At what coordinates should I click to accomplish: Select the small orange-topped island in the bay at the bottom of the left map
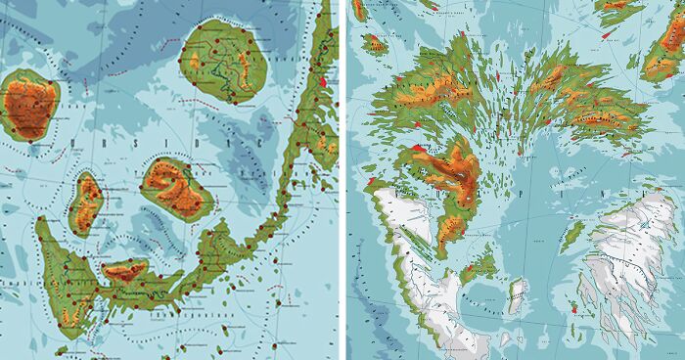[x=125, y=271]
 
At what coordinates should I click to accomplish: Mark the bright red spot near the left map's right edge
[x=322, y=82]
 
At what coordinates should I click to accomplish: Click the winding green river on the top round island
[x=231, y=83]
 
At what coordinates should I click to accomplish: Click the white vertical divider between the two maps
[x=342, y=180]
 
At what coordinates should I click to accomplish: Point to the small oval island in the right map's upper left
[x=374, y=44]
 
